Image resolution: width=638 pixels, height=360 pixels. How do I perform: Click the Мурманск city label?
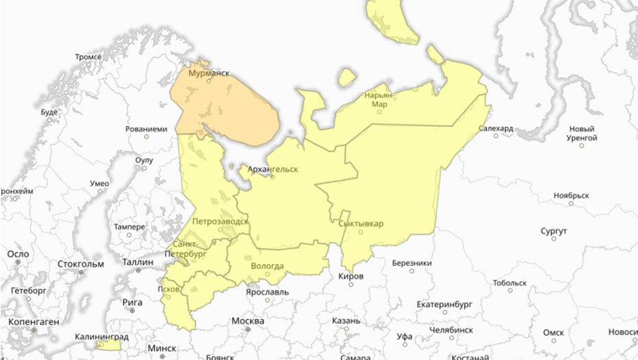(x=209, y=72)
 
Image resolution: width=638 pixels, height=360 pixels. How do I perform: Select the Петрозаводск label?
(x=220, y=221)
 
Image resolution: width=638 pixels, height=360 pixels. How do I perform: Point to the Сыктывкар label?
(x=361, y=224)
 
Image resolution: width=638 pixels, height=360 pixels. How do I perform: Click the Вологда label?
(x=268, y=266)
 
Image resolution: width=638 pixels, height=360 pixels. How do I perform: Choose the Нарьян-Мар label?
(x=379, y=100)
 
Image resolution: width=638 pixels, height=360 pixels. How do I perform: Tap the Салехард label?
(x=496, y=128)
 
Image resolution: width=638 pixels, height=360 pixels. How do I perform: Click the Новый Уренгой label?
(x=581, y=133)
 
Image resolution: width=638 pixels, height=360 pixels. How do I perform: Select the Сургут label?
(x=553, y=230)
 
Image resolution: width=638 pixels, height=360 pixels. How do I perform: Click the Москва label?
(x=248, y=321)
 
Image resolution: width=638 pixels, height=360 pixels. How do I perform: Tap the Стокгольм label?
(x=81, y=263)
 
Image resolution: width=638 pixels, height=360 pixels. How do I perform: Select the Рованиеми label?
(x=146, y=128)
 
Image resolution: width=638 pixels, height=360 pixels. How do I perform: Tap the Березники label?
(x=412, y=263)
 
